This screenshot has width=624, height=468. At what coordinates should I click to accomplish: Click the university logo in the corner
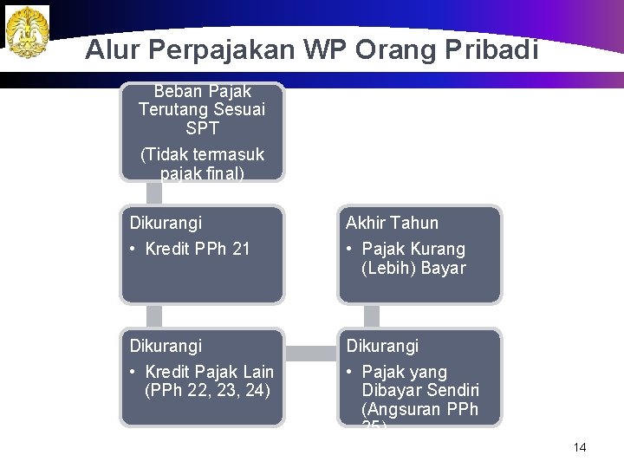pos(27,32)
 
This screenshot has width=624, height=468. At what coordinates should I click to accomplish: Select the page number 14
pos(580,447)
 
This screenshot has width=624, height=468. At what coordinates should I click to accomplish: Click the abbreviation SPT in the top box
pos(202,128)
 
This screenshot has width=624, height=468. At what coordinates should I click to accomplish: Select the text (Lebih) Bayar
pos(413,269)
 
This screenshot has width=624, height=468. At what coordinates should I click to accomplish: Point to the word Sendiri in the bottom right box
pos(451,391)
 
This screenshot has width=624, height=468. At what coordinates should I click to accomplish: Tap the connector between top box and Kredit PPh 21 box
pos(155,193)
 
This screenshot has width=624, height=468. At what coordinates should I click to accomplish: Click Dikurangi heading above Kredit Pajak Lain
pos(166,347)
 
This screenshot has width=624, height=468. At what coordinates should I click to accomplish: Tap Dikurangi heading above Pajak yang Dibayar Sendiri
pos(383,347)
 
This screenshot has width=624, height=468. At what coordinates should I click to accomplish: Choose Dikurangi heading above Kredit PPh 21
pos(166,224)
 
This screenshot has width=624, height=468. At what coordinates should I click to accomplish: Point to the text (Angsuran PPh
pos(419,409)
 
